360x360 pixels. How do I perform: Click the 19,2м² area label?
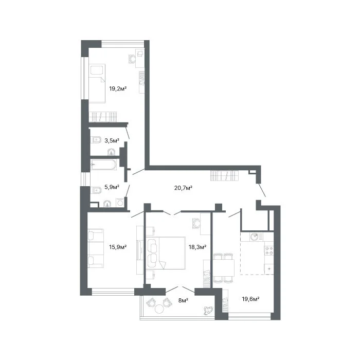click(x=118, y=88)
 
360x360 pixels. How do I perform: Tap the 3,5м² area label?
click(x=112, y=140)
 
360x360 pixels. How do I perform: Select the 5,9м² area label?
click(x=112, y=187)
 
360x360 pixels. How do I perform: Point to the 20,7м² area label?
click(x=183, y=188)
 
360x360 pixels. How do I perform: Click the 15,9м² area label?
click(x=118, y=247)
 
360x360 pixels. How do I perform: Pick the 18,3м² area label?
click(x=197, y=247)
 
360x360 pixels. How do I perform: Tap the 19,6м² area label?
click(x=251, y=299)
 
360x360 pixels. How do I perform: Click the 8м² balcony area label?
click(x=184, y=300)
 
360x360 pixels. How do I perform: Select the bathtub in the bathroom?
click(x=103, y=165)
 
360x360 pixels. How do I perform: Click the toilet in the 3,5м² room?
click(x=96, y=139)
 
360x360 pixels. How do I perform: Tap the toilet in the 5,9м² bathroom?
click(x=96, y=190)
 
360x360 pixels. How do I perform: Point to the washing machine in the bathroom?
click(x=120, y=203)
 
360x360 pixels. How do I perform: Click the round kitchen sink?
click(x=255, y=237)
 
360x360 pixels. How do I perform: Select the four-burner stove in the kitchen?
click(x=269, y=250)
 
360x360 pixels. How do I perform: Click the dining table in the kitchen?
click(x=223, y=268)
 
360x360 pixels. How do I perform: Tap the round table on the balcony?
click(x=159, y=309)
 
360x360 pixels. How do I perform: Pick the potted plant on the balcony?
click(x=208, y=311)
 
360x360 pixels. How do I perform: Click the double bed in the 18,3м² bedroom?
click(x=166, y=253)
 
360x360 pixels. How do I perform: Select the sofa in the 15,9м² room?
click(x=96, y=248)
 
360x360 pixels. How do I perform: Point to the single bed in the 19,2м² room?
click(x=97, y=83)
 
